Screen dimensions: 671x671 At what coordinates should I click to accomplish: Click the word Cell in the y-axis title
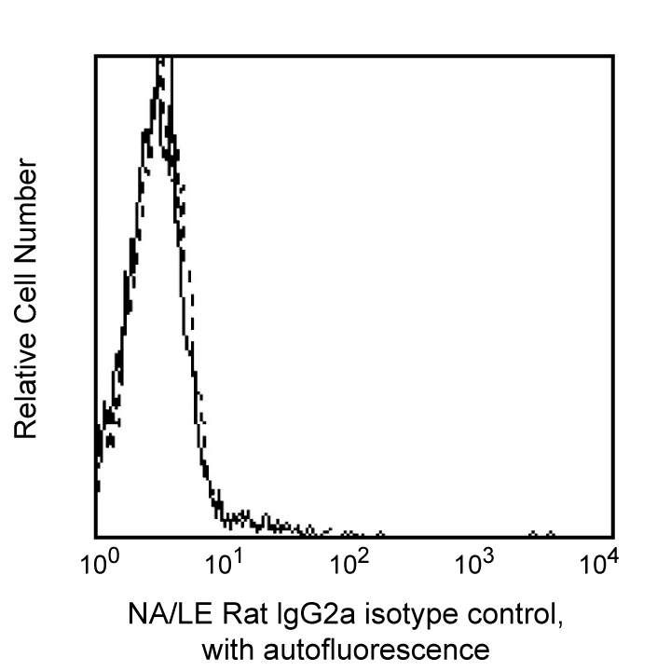pos(25,294)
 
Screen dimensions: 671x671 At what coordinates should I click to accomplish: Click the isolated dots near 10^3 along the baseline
pos(541,534)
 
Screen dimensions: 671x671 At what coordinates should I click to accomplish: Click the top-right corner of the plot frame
pos(612,56)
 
